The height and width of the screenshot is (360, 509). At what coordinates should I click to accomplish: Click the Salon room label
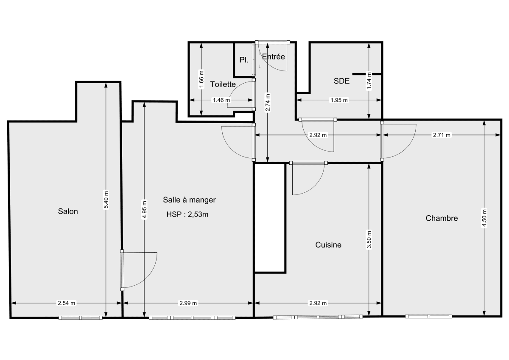click(x=68, y=211)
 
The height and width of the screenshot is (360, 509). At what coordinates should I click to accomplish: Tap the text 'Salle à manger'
click(x=190, y=200)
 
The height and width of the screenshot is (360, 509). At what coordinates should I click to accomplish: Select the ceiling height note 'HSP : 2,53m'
click(x=187, y=214)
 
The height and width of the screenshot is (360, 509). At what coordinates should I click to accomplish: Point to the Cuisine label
click(x=328, y=245)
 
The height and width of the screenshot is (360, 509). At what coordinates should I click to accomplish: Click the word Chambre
click(x=442, y=219)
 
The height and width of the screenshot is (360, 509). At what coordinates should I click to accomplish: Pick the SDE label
click(x=341, y=81)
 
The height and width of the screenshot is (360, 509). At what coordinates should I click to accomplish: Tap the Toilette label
click(x=223, y=84)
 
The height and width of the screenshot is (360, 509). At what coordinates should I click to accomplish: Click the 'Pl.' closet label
click(x=243, y=60)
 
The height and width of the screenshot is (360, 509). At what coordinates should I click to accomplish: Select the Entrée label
click(x=273, y=57)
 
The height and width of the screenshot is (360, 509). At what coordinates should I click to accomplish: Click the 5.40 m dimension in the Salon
click(x=106, y=199)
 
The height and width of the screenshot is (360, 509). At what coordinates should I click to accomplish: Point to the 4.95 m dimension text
click(x=145, y=209)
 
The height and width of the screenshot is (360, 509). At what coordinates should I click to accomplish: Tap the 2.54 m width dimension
click(x=67, y=303)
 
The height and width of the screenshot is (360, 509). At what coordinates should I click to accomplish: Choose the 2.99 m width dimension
click(x=188, y=303)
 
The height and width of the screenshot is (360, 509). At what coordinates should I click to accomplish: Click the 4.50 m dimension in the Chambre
click(x=484, y=218)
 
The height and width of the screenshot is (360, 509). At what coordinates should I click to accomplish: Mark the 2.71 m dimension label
click(x=442, y=135)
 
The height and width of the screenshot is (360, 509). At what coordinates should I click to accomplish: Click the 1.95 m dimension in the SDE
click(x=339, y=100)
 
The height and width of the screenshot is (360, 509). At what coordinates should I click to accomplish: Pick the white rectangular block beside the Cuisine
click(x=270, y=217)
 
